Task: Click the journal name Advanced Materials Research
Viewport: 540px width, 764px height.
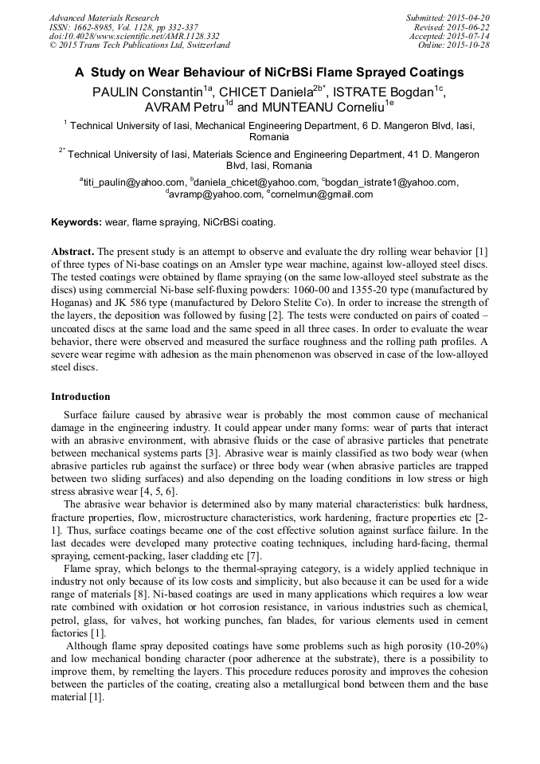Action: [104, 18]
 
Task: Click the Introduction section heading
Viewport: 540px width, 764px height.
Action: [80, 397]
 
